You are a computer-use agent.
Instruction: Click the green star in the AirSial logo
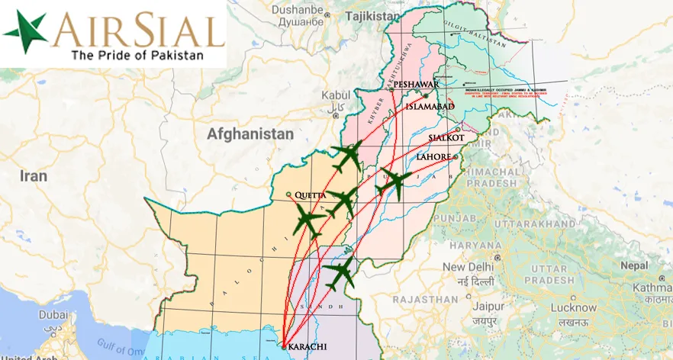click(x=25, y=32)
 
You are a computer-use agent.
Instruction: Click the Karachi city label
click(x=308, y=347)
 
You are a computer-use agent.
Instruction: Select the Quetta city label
click(x=309, y=195)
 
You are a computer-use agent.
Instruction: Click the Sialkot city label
click(x=446, y=138)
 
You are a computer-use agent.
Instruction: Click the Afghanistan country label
click(x=250, y=134)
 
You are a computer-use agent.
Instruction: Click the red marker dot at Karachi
click(x=284, y=347)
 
